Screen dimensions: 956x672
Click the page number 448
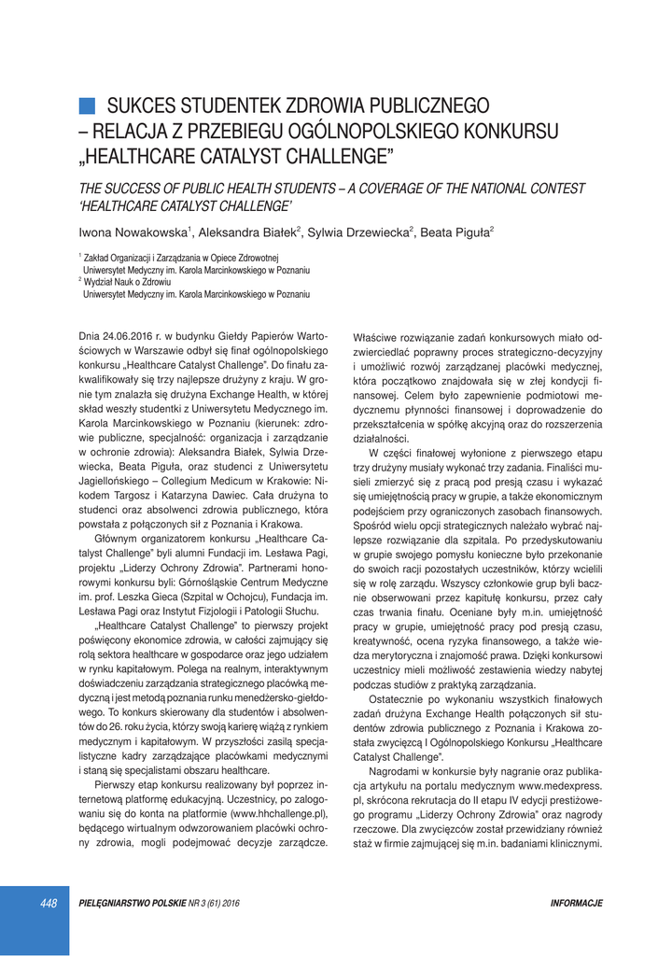tap(49, 903)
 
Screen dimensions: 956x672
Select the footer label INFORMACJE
tap(576, 904)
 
